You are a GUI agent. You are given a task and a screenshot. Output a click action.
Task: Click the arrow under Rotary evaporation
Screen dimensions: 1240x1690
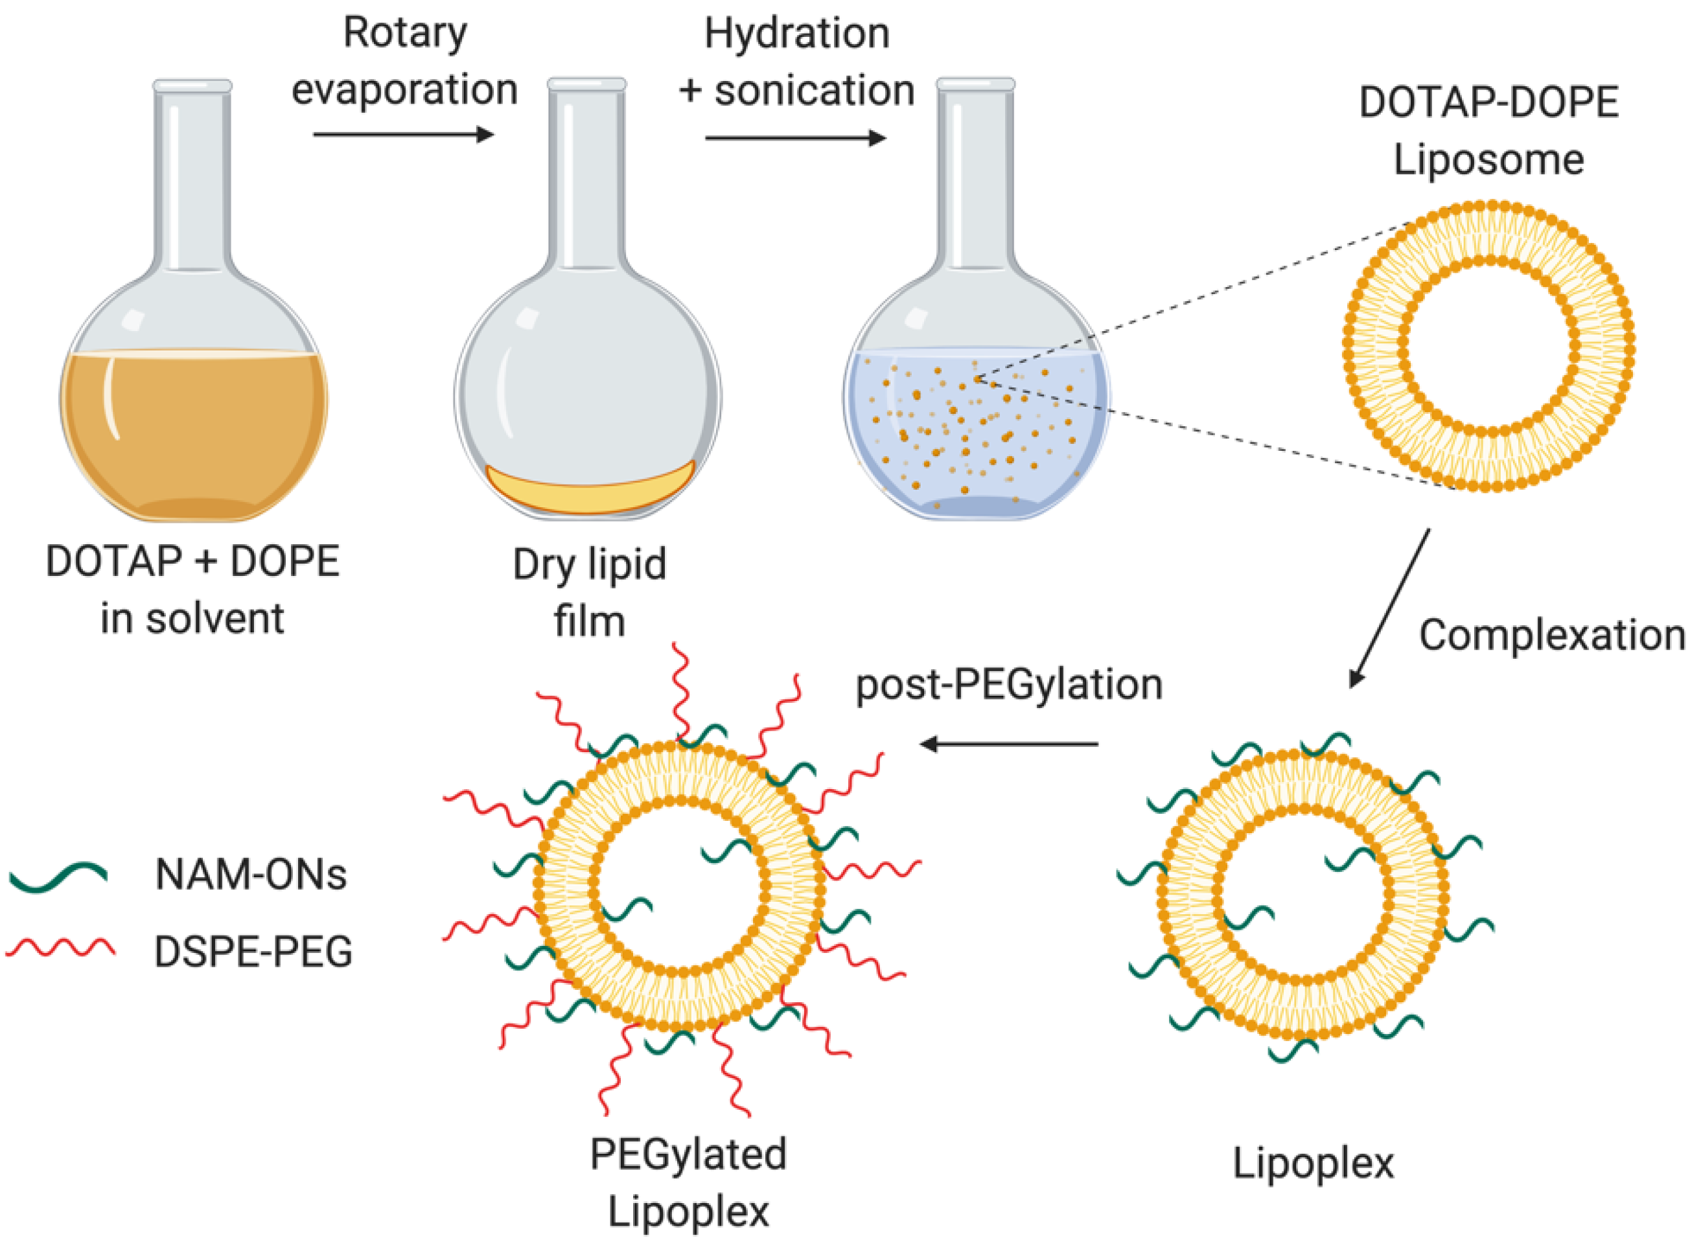coord(403,134)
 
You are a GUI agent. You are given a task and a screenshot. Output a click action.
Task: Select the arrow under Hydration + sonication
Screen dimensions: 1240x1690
coord(795,138)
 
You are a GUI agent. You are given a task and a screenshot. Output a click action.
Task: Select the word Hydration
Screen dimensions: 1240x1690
coord(796,34)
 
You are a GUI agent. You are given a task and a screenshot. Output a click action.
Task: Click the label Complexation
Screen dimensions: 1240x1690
coord(1551,636)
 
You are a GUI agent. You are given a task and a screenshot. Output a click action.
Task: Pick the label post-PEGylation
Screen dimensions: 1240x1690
coord(1009,685)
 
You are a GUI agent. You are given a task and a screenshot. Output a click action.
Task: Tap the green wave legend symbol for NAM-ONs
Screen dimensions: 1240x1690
coord(58,875)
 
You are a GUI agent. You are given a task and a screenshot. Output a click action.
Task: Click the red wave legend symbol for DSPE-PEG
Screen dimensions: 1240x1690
coord(60,948)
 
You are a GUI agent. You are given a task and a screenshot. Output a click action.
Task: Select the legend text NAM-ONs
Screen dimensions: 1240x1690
coord(251,875)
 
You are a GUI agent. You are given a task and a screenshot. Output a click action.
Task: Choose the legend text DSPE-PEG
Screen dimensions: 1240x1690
coord(253,952)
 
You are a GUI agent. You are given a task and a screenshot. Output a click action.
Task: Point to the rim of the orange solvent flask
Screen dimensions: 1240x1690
coord(192,86)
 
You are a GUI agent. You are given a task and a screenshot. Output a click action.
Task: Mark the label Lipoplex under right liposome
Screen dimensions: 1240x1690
coord(1312,1164)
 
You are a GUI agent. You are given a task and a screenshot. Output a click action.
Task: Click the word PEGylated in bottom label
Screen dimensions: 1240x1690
coord(688,1154)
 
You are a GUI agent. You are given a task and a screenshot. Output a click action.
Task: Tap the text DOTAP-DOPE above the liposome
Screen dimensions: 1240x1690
coord(1488,102)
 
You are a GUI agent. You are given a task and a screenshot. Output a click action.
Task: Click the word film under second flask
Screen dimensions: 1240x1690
coord(589,621)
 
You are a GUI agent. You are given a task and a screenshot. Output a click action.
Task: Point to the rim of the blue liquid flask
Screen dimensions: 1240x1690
coord(975,84)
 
